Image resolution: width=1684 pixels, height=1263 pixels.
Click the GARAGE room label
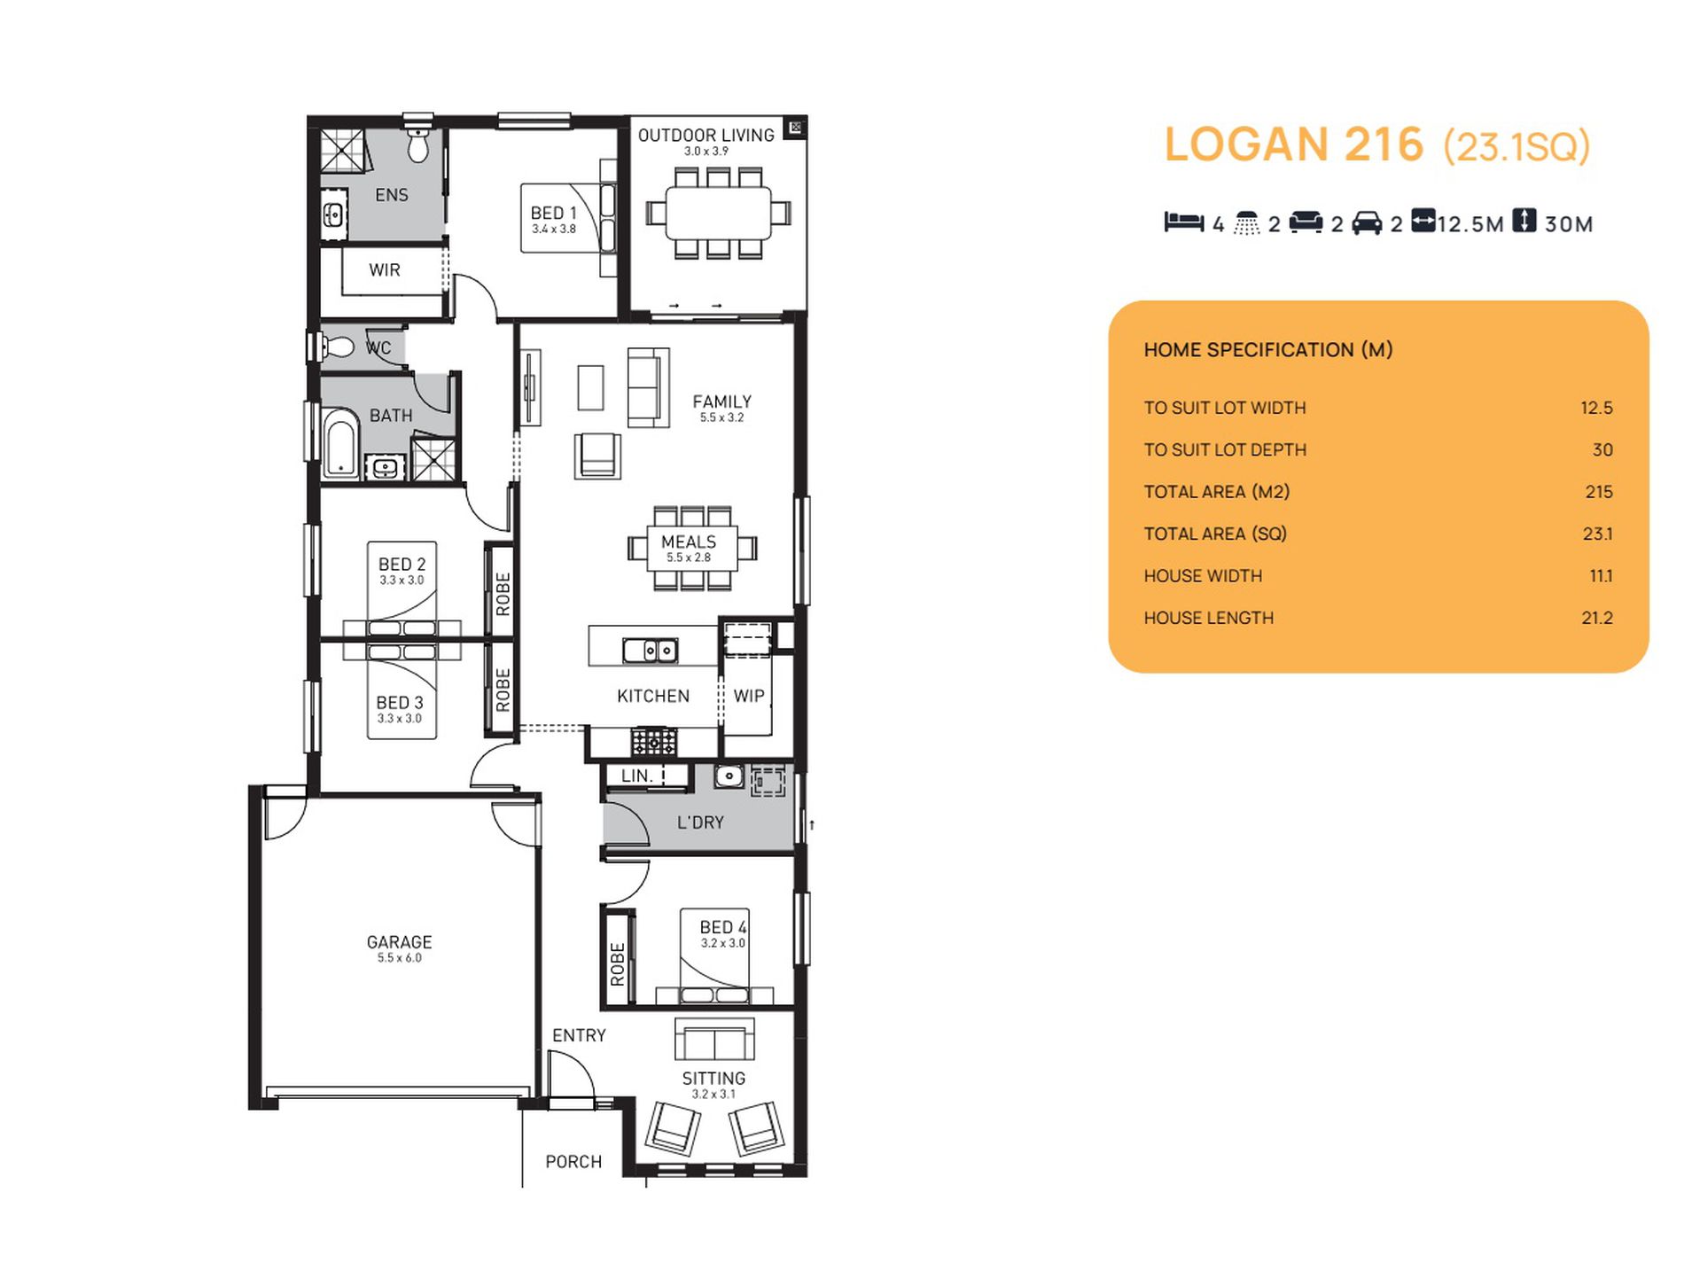tap(399, 942)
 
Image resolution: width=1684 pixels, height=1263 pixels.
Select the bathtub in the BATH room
tap(339, 444)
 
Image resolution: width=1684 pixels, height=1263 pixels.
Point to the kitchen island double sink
tap(651, 651)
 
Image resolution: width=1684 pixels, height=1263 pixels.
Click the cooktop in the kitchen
tap(653, 741)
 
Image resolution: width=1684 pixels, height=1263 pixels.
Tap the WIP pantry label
tap(749, 696)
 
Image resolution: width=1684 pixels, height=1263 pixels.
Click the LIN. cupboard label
tap(637, 776)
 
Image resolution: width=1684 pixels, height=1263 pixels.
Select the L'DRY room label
tap(700, 823)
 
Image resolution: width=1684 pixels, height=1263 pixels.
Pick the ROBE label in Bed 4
tap(618, 964)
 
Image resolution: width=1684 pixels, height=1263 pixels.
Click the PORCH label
tap(573, 1162)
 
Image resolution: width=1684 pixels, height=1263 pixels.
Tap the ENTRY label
tap(579, 1035)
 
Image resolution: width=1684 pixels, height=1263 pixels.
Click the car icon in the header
tap(1367, 222)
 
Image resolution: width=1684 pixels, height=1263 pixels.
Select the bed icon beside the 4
tap(1184, 222)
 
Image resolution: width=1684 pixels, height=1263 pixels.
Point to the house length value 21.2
tap(1597, 618)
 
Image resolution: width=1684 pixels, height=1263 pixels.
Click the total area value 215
tap(1599, 492)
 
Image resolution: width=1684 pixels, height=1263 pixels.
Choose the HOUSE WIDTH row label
tap(1203, 576)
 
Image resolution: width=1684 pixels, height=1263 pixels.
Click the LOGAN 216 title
tap(1293, 144)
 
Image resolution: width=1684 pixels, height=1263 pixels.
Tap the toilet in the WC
tap(338, 347)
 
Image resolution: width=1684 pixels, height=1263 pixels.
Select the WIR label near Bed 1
tap(385, 269)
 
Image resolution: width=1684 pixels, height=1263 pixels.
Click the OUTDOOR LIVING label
tap(706, 135)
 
